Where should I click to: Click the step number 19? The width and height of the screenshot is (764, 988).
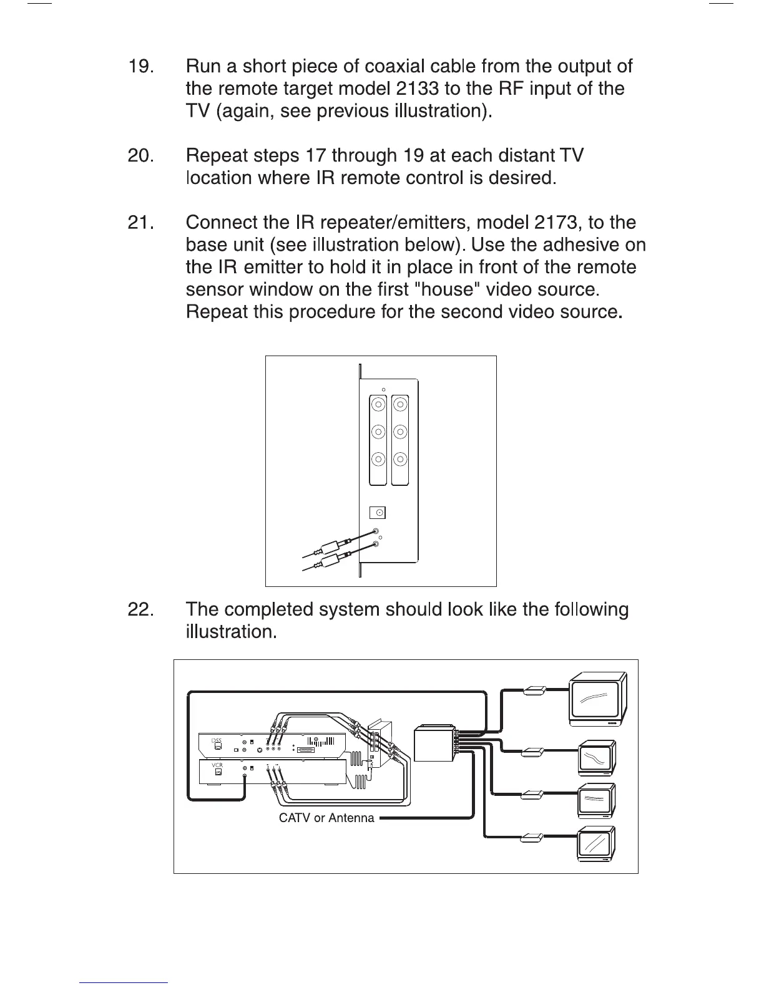(140, 67)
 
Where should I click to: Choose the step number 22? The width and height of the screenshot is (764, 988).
(140, 609)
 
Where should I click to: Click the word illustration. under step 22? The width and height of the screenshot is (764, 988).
(231, 632)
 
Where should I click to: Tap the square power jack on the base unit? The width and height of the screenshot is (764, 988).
(378, 513)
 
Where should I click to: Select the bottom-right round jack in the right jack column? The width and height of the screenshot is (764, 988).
(401, 460)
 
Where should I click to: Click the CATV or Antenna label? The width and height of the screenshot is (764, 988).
(326, 818)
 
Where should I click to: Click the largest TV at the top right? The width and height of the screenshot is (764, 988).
(597, 700)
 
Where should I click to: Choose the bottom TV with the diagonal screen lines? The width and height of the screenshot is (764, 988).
(597, 846)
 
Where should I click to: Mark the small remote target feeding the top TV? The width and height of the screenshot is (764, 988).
(536, 690)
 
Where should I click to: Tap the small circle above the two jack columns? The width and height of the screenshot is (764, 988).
(384, 390)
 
